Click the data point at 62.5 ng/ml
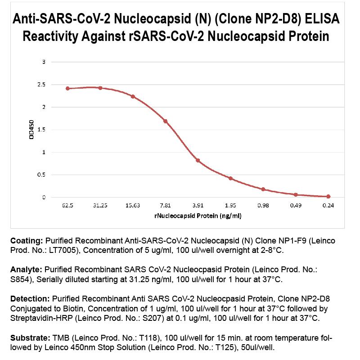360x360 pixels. (67, 88)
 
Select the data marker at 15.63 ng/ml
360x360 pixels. (133, 96)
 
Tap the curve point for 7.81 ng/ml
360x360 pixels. (166, 121)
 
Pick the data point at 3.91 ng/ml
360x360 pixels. (198, 160)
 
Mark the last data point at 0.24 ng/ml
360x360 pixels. (328, 196)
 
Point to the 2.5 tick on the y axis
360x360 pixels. (41, 84)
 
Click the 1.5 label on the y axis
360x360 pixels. (41, 130)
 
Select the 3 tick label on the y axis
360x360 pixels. (44, 62)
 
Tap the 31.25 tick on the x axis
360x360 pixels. (100, 205)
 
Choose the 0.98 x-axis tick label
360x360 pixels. (263, 205)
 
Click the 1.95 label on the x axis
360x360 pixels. (230, 205)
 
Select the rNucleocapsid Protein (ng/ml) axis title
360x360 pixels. (198, 216)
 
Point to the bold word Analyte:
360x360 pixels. (26, 270)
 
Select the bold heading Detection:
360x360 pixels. (30, 298)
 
